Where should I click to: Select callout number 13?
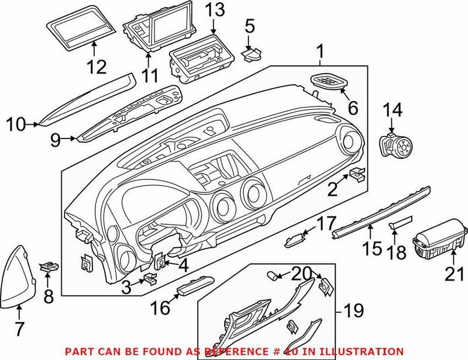(x=212, y=10)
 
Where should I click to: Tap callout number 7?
(x=19, y=328)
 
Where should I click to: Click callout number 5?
(x=250, y=26)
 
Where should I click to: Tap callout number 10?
(x=16, y=123)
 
